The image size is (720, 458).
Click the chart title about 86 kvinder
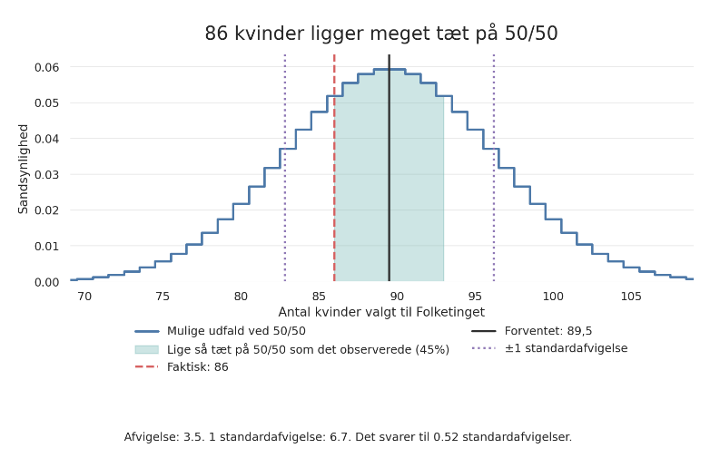coord(380,34)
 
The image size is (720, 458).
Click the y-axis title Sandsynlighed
coord(24,169)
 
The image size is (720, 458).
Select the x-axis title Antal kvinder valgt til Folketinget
coord(381,313)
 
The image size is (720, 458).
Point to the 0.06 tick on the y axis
coord(46,67)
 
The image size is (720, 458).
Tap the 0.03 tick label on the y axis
coord(46,174)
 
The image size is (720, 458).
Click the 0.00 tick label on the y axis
coord(46,282)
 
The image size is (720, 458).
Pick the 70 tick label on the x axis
coord(84,297)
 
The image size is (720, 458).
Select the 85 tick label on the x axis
coord(319,297)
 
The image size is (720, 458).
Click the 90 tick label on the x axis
coord(397,297)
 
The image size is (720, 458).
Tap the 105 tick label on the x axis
coord(631,297)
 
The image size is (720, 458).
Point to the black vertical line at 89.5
coord(390,181)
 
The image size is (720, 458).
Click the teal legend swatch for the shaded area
coord(146,350)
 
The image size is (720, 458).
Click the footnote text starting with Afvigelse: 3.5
coord(348,437)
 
